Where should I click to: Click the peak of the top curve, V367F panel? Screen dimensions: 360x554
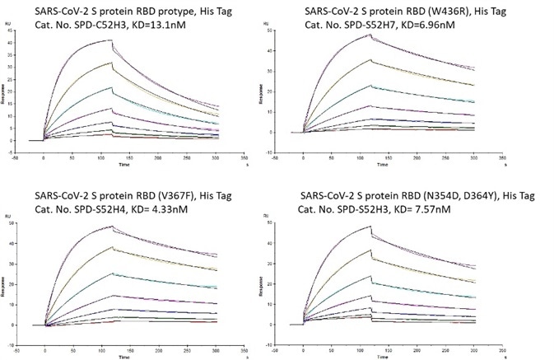[99, 226]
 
